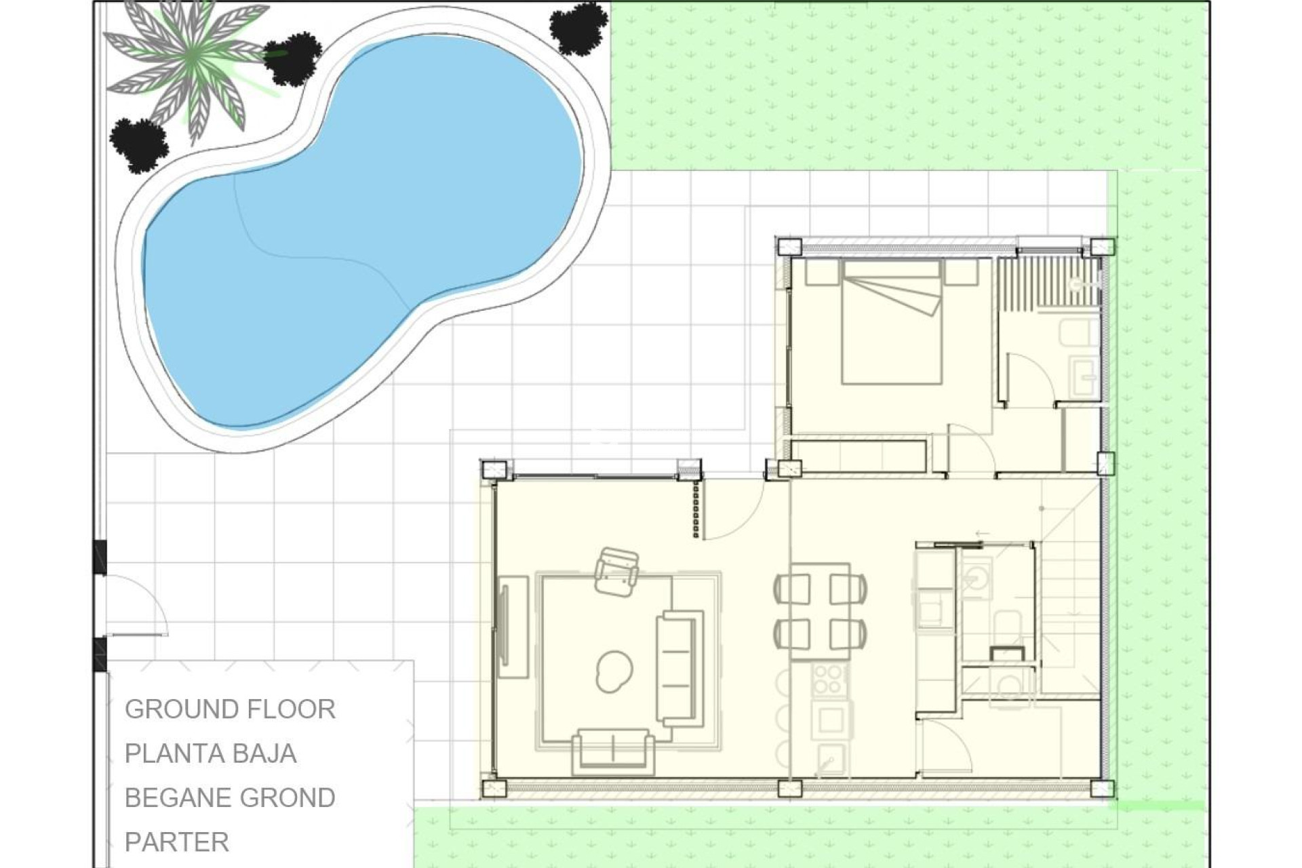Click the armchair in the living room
(616, 573)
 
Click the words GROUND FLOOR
(230, 709)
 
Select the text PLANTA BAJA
(210, 753)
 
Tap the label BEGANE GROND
(230, 798)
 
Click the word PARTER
(177, 842)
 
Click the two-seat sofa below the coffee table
(613, 751)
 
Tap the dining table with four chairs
(821, 610)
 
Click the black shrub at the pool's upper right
(578, 27)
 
